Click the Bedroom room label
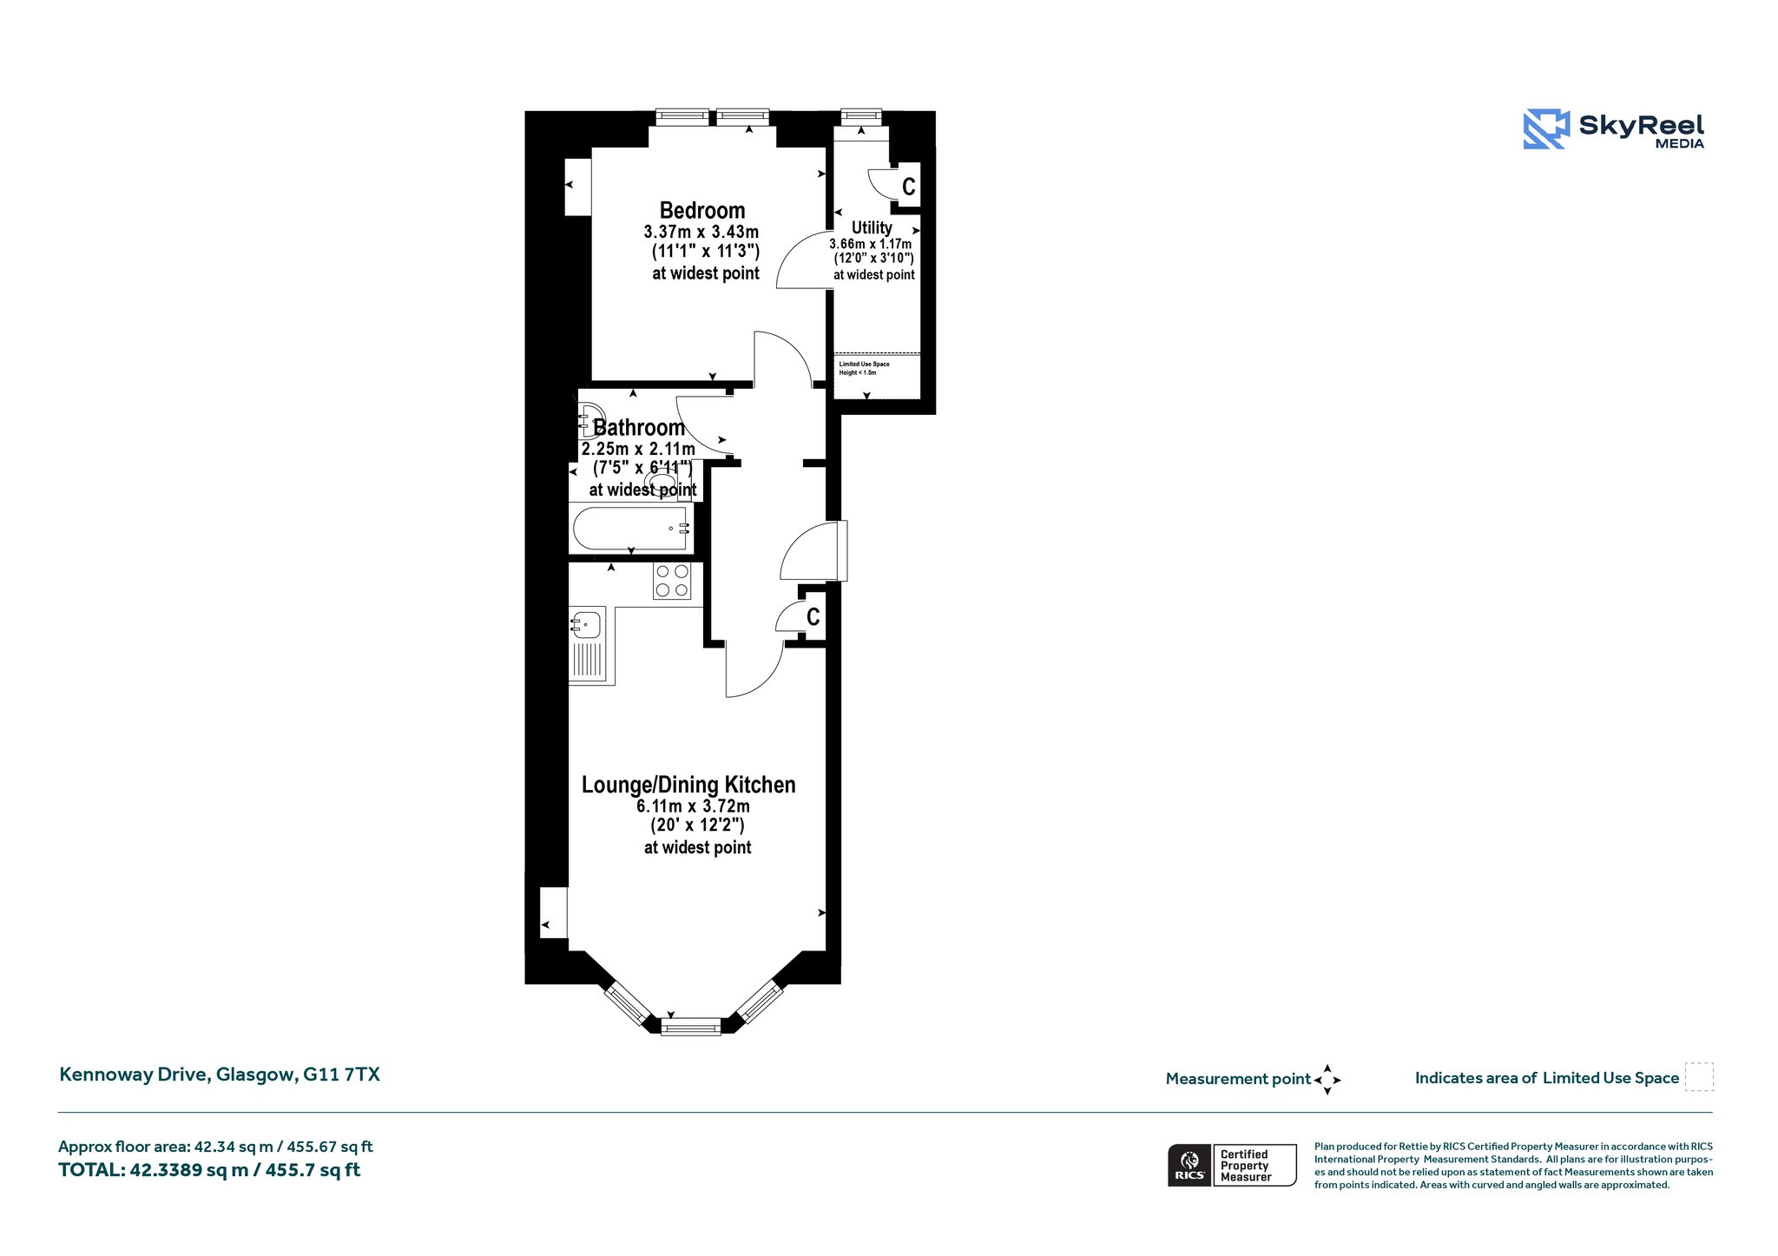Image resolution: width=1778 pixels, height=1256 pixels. pyautogui.click(x=702, y=211)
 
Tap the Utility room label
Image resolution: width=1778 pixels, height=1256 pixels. pyautogui.click(x=872, y=227)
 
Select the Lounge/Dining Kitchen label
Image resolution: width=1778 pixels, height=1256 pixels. pyautogui.click(x=688, y=785)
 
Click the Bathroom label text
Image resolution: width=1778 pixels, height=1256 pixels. pyautogui.click(x=639, y=427)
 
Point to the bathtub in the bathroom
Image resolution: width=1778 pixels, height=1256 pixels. pyautogui.click(x=631, y=528)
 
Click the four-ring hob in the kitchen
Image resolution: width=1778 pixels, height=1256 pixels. pyautogui.click(x=672, y=581)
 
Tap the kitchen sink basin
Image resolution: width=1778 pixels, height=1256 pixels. pyautogui.click(x=586, y=624)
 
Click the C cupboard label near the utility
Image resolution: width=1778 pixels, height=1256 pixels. pyautogui.click(x=909, y=187)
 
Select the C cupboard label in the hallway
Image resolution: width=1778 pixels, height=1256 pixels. pyautogui.click(x=813, y=616)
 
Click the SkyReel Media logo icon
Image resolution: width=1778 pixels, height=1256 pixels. pyautogui.click(x=1546, y=129)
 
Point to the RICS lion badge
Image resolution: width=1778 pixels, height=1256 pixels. pyautogui.click(x=1189, y=1165)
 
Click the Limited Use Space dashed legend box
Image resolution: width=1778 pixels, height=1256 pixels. pyautogui.click(x=1699, y=1076)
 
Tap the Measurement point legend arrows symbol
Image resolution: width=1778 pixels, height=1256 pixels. pyautogui.click(x=1327, y=1080)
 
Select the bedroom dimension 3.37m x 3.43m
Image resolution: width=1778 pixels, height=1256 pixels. pyautogui.click(x=701, y=232)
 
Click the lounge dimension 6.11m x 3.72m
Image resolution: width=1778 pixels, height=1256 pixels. pyautogui.click(x=693, y=806)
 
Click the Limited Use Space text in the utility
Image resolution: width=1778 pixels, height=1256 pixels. pyautogui.click(x=864, y=364)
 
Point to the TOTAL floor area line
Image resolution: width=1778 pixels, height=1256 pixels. pyautogui.click(x=209, y=1170)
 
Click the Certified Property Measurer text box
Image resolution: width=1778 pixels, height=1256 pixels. pyautogui.click(x=1254, y=1165)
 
